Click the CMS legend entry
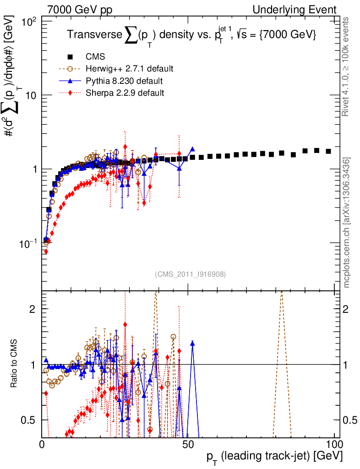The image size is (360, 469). [x=95, y=57]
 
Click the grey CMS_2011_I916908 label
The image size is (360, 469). [x=190, y=274]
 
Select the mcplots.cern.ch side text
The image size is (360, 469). [x=347, y=222]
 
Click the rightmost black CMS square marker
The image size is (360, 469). [x=328, y=151]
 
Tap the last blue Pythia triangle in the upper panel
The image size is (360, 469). [x=192, y=149]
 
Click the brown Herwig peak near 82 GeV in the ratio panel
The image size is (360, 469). [x=282, y=293]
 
